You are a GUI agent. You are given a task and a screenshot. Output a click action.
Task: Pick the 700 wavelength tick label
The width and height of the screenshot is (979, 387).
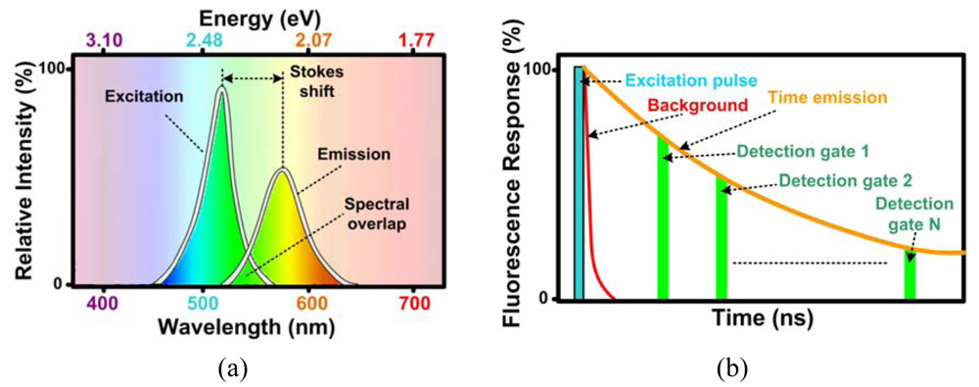414,303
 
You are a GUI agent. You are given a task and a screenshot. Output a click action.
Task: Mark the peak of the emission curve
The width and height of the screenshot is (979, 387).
282,171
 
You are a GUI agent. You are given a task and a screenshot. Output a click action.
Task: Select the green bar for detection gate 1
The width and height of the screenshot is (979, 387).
663,220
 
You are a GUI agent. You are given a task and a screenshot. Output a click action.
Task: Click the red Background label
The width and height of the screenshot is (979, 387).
668,104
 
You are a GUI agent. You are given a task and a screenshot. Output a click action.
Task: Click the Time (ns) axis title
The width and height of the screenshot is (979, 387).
763,319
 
